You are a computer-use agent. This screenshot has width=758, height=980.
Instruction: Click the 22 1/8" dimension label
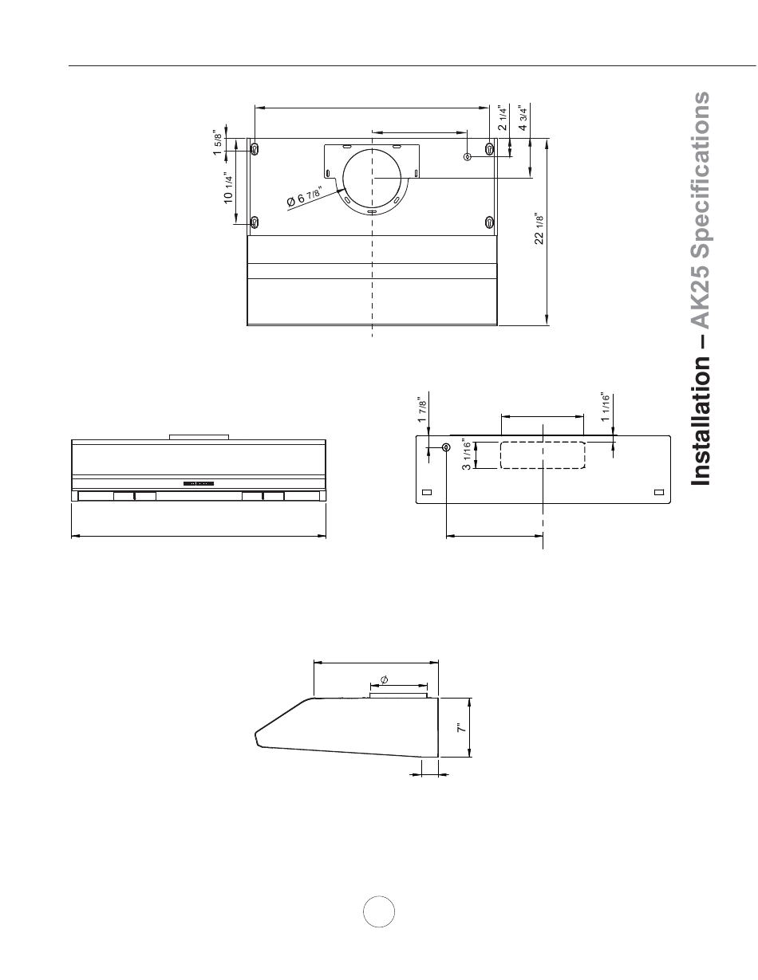pyautogui.click(x=539, y=228)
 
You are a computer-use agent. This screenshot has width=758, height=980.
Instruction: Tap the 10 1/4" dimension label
pyautogui.click(x=228, y=187)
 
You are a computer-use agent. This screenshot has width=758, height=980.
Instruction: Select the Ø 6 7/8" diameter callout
pyautogui.click(x=304, y=195)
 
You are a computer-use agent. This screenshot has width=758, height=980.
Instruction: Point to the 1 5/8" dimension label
pyautogui.click(x=218, y=143)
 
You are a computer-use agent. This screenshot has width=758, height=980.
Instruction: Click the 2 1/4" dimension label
pyautogui.click(x=503, y=118)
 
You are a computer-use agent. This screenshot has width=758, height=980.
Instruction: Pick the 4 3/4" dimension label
pyautogui.click(x=523, y=118)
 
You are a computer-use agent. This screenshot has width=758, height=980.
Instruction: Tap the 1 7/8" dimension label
pyautogui.click(x=422, y=410)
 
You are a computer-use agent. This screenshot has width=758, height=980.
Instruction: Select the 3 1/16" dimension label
pyautogui.click(x=467, y=455)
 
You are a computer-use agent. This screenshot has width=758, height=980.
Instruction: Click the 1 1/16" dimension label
pyautogui.click(x=605, y=407)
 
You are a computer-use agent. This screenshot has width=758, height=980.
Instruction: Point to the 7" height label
pyautogui.click(x=461, y=728)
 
